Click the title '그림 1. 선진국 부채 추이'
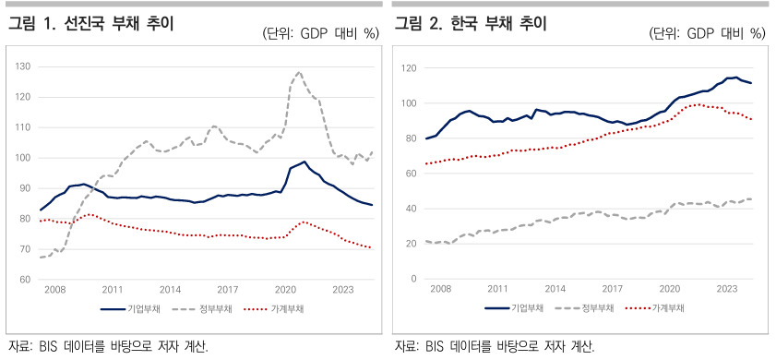90,24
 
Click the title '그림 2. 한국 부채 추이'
471,24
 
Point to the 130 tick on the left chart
25,66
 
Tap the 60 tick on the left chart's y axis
27,280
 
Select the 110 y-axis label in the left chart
25,127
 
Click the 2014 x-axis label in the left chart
171,289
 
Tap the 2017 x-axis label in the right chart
613,288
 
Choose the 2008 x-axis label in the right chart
440,288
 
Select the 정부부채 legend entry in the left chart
202,309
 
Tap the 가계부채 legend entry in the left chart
274,309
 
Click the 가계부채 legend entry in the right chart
654,308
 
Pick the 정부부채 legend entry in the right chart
582,308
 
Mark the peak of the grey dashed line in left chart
298,72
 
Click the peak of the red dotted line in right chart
698,104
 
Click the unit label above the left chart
321,33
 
